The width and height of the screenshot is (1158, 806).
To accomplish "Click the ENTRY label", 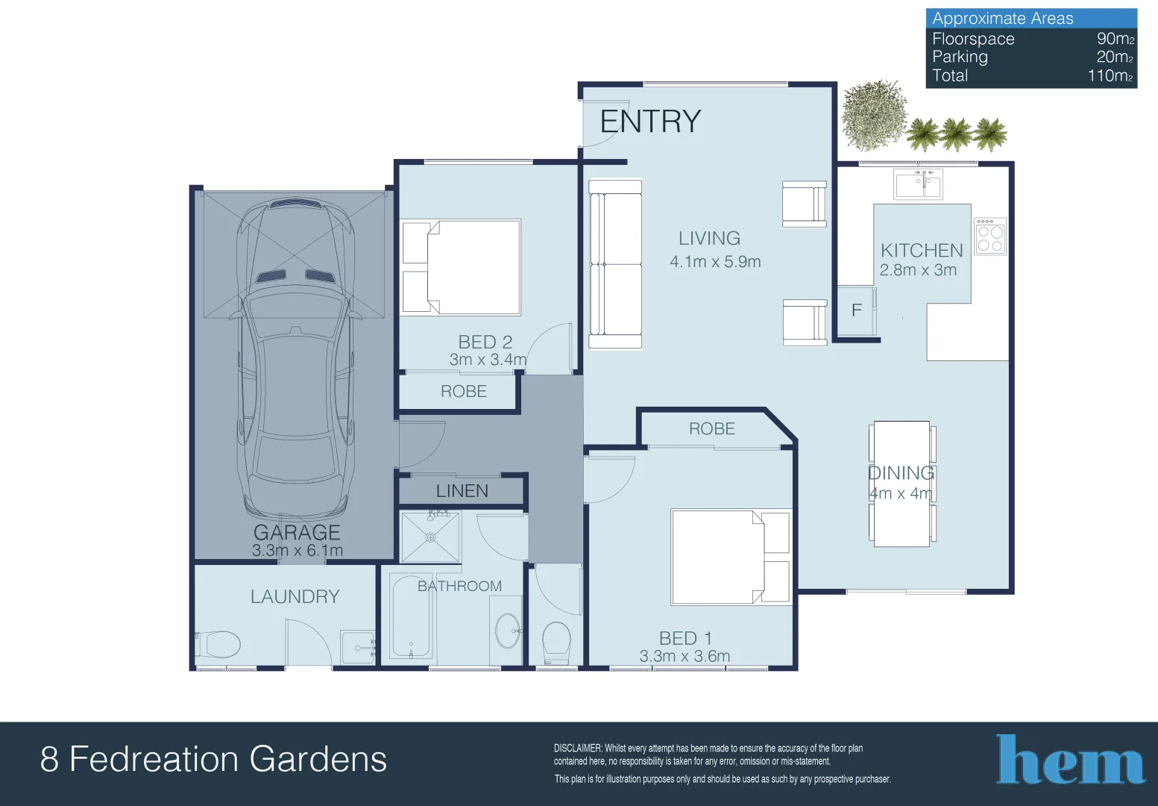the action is coord(650,121).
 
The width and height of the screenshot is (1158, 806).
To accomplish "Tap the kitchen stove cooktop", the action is coord(990,236).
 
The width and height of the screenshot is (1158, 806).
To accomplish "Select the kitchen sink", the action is coord(918,184).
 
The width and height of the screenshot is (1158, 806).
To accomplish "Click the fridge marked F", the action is coord(857,310).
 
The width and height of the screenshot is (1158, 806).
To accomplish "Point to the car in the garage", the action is coord(296,360).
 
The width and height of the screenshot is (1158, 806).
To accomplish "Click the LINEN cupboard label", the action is coord(462,491).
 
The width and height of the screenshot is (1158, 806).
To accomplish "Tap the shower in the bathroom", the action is coord(430,537).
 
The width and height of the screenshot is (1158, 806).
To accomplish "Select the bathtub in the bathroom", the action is coord(411,616).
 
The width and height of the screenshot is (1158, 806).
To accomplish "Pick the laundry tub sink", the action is coord(357,646).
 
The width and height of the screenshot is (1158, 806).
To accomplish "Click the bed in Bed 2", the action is coord(461,267).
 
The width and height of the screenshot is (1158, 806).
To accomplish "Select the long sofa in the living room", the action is coord(615,264).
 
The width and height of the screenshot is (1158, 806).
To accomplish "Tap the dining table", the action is coord(902,484).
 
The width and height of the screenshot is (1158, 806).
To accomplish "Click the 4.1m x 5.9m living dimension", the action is coord(716,262).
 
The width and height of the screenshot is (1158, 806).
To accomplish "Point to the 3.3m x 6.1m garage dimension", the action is coord(298,550).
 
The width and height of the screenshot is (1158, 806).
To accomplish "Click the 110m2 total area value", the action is coord(1110,75).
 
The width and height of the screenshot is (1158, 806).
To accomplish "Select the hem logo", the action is coord(1069,760).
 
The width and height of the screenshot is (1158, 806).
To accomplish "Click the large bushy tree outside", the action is coord(875,115).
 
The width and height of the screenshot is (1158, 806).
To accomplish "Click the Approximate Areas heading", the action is coord(1003,18).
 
